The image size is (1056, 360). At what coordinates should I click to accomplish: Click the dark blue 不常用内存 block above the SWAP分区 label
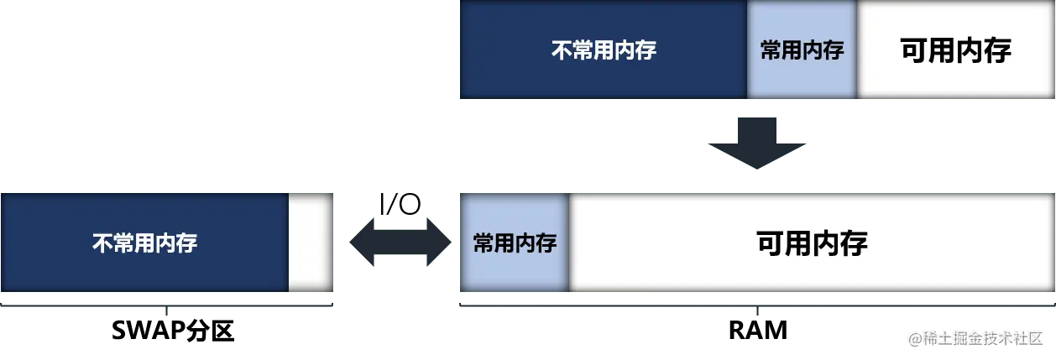(x=144, y=243)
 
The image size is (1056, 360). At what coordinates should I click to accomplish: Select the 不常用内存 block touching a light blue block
(x=602, y=50)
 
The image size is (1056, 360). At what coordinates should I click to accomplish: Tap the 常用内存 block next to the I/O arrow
(x=515, y=243)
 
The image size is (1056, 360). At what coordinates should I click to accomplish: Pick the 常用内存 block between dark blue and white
(x=802, y=50)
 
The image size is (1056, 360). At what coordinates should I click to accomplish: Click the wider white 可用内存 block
(x=812, y=243)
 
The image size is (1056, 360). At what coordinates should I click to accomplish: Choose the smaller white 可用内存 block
(x=955, y=50)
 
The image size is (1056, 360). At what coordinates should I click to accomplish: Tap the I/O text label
(x=399, y=204)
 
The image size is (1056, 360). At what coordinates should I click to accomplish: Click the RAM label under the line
(x=757, y=330)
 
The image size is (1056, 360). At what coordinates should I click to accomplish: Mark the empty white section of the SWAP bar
(x=311, y=243)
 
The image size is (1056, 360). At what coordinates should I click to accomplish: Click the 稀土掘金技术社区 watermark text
(x=982, y=337)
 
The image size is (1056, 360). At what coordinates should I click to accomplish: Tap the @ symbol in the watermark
(x=914, y=337)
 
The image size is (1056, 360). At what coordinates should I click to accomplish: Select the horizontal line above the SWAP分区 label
(x=168, y=305)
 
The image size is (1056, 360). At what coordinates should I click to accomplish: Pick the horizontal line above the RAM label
(x=755, y=305)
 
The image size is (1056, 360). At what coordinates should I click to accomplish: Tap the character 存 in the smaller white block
(x=997, y=50)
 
